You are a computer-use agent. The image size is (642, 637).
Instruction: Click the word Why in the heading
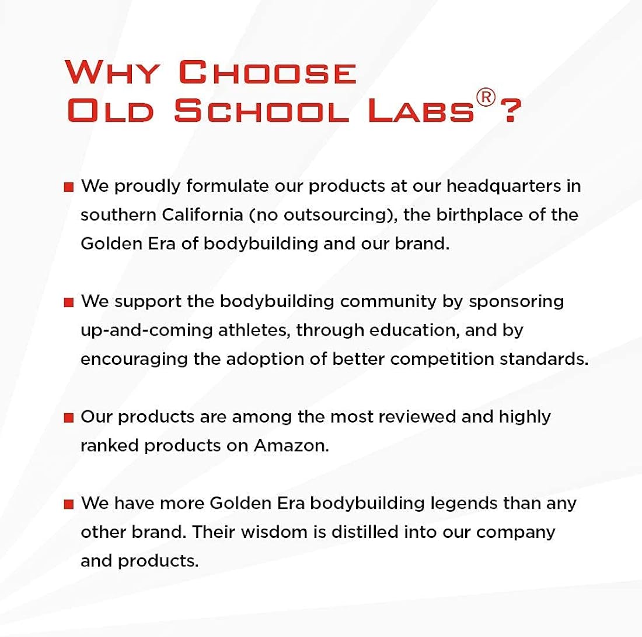click(112, 72)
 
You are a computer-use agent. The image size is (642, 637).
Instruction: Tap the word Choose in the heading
click(267, 72)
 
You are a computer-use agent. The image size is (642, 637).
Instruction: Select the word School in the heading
click(261, 110)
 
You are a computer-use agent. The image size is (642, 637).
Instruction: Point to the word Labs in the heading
click(421, 110)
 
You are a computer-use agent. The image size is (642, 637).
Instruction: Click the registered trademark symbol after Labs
click(486, 98)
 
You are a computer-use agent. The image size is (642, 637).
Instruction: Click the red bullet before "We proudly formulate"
click(69, 187)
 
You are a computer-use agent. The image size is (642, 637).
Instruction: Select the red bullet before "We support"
click(69, 302)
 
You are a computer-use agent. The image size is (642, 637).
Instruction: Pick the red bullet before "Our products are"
click(69, 418)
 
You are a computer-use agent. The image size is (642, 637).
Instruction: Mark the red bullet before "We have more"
click(69, 504)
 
